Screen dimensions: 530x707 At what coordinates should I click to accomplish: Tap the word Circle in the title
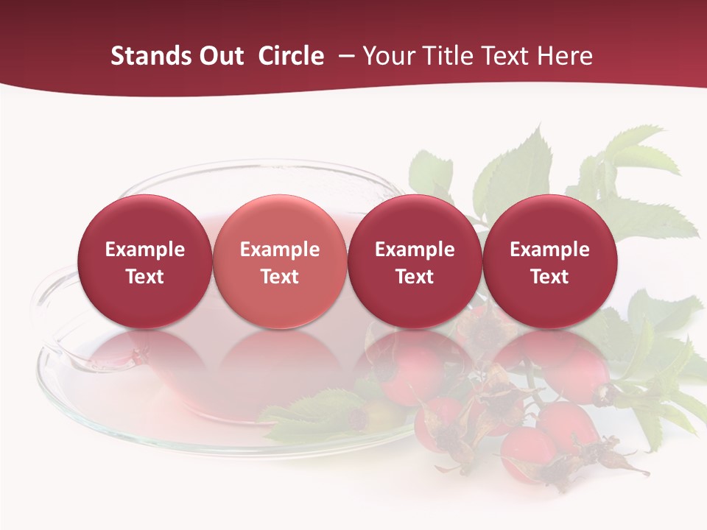(x=291, y=56)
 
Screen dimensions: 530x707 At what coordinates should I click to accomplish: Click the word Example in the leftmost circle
(x=144, y=250)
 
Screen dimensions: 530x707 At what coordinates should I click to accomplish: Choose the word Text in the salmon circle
(x=280, y=277)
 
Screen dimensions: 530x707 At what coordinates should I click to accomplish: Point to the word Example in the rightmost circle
(x=549, y=250)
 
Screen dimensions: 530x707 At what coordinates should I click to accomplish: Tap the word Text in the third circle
(x=415, y=277)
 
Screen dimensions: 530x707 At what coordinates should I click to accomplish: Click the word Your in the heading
(x=388, y=56)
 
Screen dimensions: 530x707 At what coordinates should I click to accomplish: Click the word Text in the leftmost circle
(x=144, y=277)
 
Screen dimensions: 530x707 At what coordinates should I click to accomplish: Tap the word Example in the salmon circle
(x=280, y=250)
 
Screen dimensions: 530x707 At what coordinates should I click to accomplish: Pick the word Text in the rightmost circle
(x=549, y=277)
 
